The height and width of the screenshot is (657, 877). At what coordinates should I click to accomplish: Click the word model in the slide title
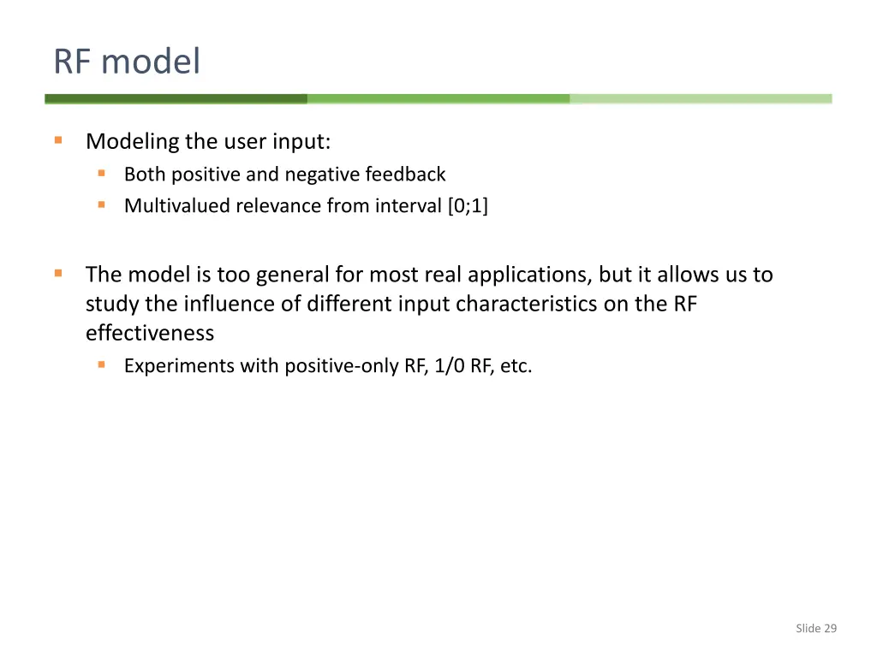pos(151,62)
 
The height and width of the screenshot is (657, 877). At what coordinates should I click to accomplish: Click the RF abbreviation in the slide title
pos(73,62)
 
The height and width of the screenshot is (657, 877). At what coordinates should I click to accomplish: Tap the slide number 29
pos(829,629)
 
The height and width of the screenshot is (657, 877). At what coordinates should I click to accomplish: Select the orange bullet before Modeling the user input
pos(58,139)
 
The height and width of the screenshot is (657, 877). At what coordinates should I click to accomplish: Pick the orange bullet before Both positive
pos(101,174)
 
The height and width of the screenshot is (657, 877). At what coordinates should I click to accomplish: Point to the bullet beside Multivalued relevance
pos(101,205)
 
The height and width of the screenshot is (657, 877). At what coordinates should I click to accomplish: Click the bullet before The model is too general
pos(58,273)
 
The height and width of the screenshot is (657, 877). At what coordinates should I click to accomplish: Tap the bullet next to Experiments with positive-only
pos(101,364)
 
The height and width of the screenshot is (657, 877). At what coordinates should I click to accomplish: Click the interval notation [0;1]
pos(468,206)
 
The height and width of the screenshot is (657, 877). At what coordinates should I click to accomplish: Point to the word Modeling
pos(132,141)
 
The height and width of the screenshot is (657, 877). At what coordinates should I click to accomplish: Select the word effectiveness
pos(150,333)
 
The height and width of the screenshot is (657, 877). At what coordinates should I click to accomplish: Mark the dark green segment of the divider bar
pos(176,99)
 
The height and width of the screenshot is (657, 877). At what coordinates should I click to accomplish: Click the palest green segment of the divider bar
pos(701,99)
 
